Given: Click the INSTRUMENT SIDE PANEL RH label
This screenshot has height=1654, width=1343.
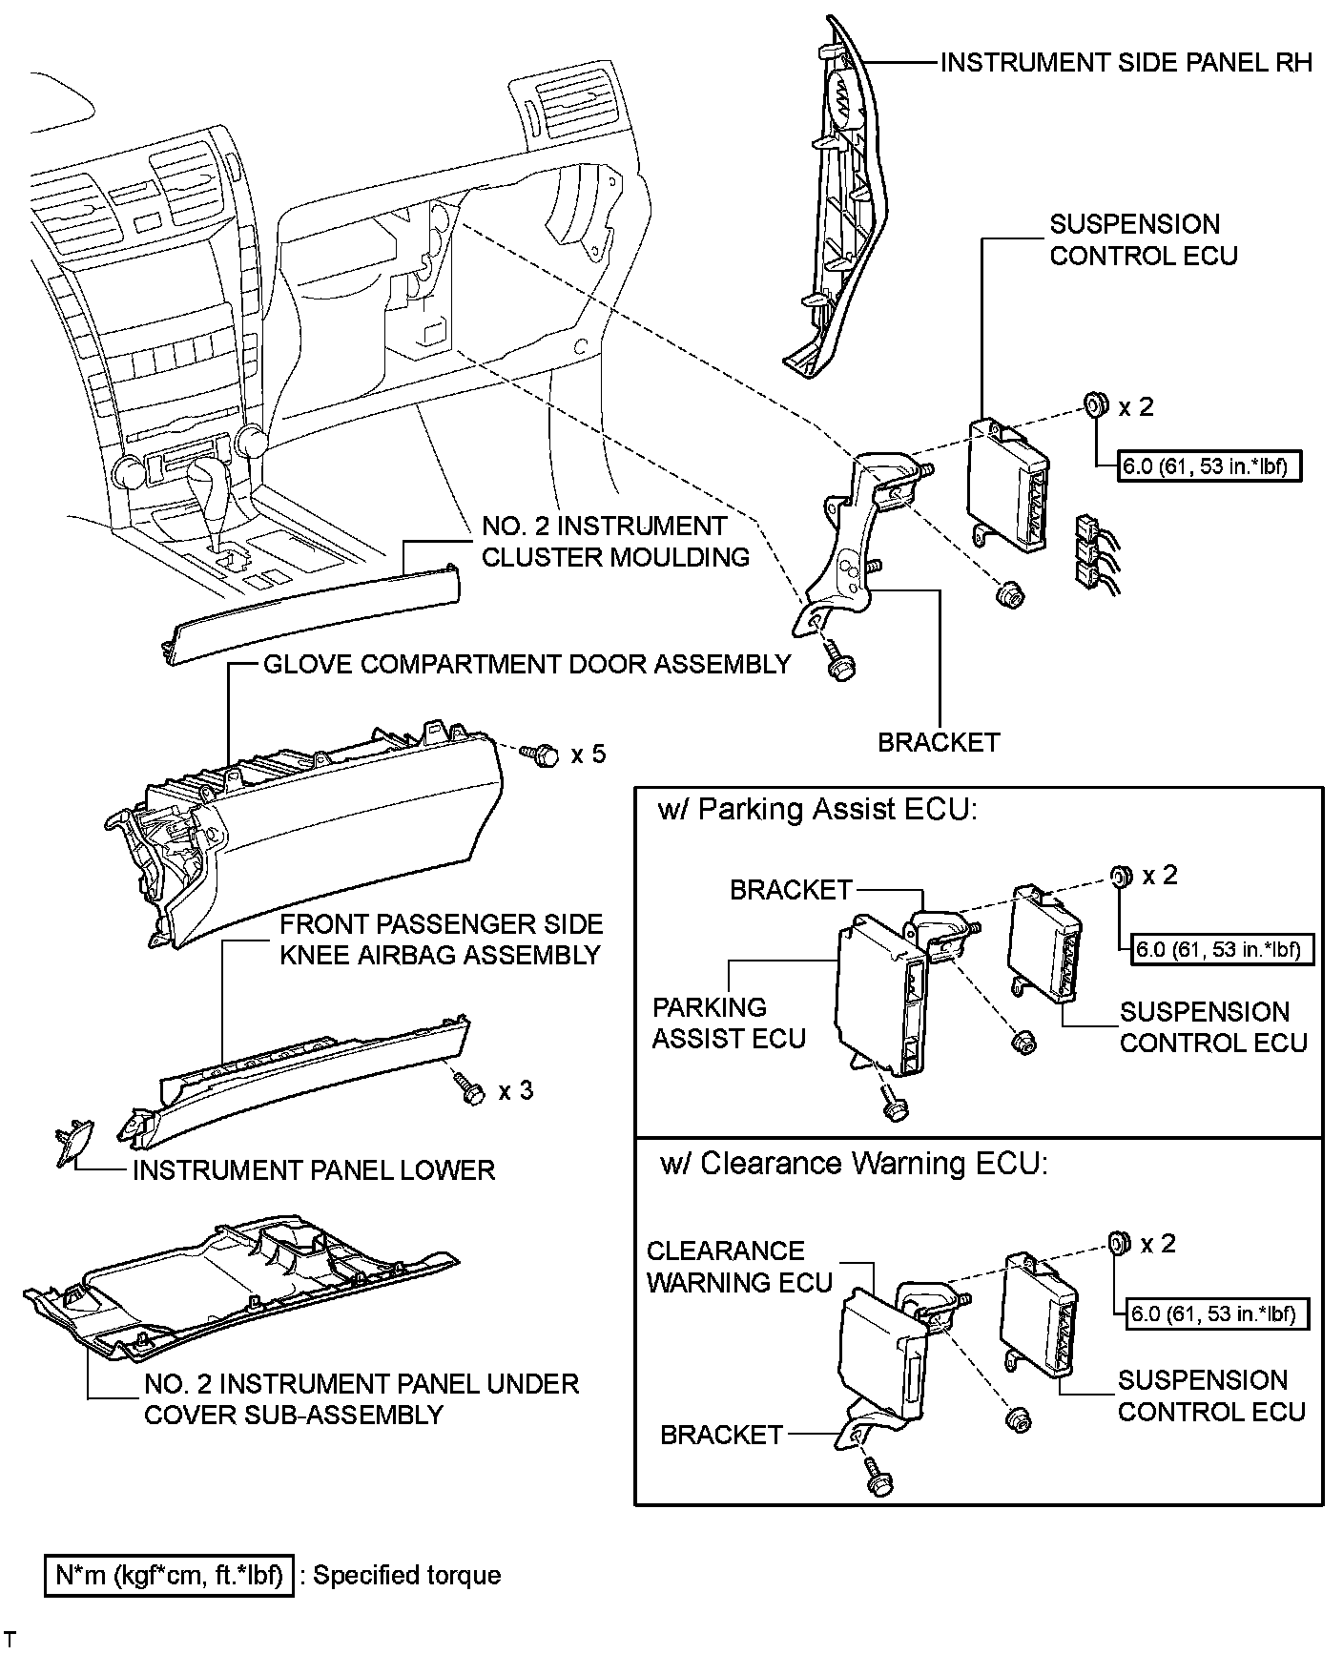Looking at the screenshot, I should tap(1126, 63).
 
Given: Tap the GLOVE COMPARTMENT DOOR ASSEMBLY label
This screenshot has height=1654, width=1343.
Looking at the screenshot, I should tap(527, 664).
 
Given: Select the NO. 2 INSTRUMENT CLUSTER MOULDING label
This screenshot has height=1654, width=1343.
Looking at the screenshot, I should tap(615, 541).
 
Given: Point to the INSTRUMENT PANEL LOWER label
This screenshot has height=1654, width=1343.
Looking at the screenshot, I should tap(313, 1170).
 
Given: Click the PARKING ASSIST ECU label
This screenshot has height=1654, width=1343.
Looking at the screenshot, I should tap(729, 1023).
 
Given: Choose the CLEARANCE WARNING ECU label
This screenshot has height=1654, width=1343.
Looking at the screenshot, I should tap(739, 1266).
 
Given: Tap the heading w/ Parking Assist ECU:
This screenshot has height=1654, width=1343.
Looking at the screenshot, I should tap(818, 810).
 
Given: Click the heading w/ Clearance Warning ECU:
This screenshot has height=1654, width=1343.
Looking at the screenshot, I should tap(854, 1164).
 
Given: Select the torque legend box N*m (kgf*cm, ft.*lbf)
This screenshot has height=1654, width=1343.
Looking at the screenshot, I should tap(170, 1575).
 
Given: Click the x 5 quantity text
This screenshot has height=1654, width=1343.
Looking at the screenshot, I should tap(588, 755).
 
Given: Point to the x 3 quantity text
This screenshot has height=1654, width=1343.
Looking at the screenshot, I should tap(515, 1090).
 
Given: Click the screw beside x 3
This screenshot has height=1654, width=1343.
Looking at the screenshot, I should tap(469, 1089).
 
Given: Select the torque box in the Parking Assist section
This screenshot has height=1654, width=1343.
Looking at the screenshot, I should tap(1217, 950).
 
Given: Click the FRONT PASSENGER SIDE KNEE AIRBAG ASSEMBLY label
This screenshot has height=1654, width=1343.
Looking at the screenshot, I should tap(440, 939).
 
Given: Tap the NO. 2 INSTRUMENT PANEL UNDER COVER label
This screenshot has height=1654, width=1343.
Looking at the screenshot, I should tap(361, 1398).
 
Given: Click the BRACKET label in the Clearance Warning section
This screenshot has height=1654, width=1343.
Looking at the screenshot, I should tap(721, 1435).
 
